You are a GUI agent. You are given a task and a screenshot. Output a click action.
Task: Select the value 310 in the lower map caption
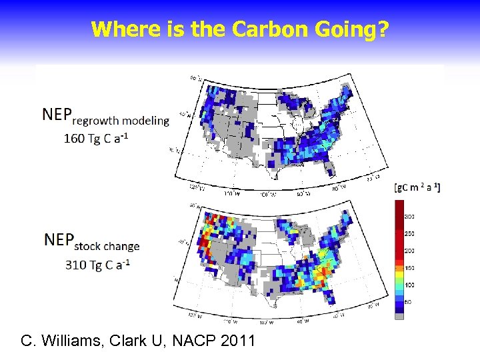click(75, 265)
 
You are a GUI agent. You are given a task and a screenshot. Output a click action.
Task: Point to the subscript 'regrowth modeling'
click(121, 121)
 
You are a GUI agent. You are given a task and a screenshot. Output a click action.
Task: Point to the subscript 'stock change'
click(106, 246)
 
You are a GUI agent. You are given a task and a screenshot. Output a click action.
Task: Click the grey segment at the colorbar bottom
click(399, 315)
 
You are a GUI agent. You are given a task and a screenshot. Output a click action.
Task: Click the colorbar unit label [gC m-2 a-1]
click(417, 187)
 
